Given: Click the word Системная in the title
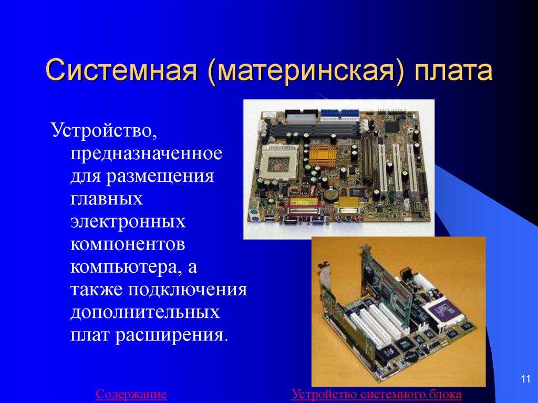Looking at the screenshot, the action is (x=121, y=70).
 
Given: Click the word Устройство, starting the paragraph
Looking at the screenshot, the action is (x=105, y=130).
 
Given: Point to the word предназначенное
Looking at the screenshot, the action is (x=147, y=153).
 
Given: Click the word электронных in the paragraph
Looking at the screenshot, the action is (x=128, y=222).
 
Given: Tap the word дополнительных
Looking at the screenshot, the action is (x=145, y=313).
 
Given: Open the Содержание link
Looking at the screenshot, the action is (x=131, y=394).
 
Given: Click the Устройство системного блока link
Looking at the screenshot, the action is (x=376, y=394).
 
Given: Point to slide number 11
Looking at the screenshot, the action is (x=525, y=379).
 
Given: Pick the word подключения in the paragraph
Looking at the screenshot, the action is (x=188, y=290).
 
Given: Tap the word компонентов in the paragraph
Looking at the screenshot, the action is (x=128, y=244).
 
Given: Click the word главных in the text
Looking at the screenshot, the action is (x=106, y=199).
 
